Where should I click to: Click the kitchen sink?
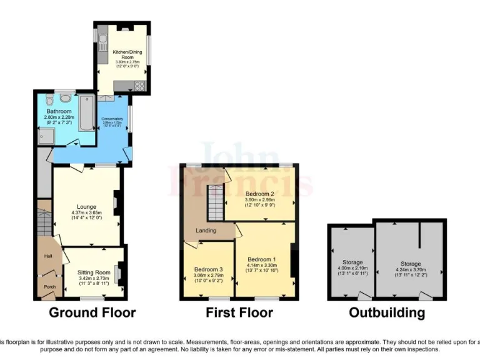point(102,43)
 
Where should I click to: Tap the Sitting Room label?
point(93,273)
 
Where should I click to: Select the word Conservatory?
point(112,119)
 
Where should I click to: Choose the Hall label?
point(47,256)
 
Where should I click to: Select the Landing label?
point(206,231)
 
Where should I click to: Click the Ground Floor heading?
point(92,312)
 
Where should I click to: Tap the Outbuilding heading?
point(386,312)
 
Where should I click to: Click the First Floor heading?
point(239,312)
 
